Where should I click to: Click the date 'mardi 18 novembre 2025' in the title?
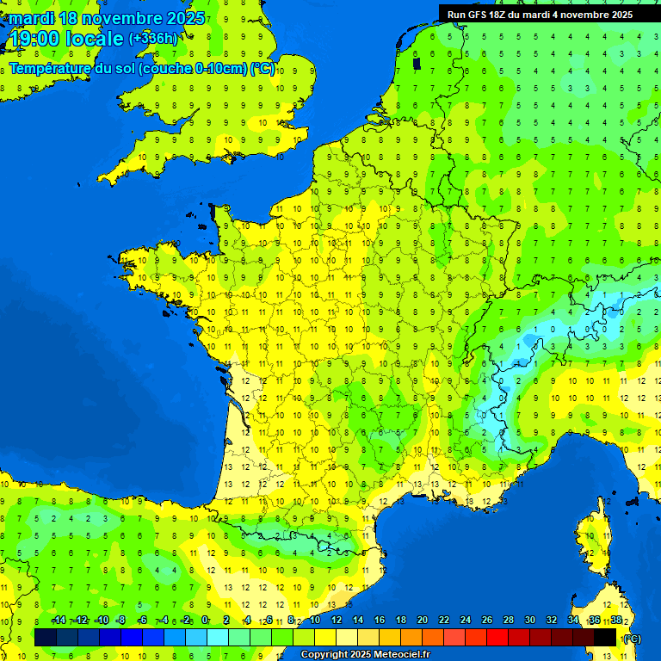tap(107, 18)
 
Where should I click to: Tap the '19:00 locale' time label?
tap(65, 39)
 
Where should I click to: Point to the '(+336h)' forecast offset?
tap(153, 39)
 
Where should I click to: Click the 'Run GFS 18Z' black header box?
tap(540, 14)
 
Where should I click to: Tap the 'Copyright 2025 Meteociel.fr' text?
tap(365, 655)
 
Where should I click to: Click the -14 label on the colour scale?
tap(59, 620)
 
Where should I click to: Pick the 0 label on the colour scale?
tap(205, 620)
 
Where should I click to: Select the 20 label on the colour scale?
tap(422, 620)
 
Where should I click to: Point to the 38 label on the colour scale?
tap(616, 620)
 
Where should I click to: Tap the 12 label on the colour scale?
tap(336, 620)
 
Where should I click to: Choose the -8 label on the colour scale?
tap(121, 620)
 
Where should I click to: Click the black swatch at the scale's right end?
tap(605, 638)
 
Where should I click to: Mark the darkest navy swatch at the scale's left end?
tap(46, 638)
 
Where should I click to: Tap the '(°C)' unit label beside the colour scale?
tap(632, 638)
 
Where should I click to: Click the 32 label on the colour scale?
tap(551, 620)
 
